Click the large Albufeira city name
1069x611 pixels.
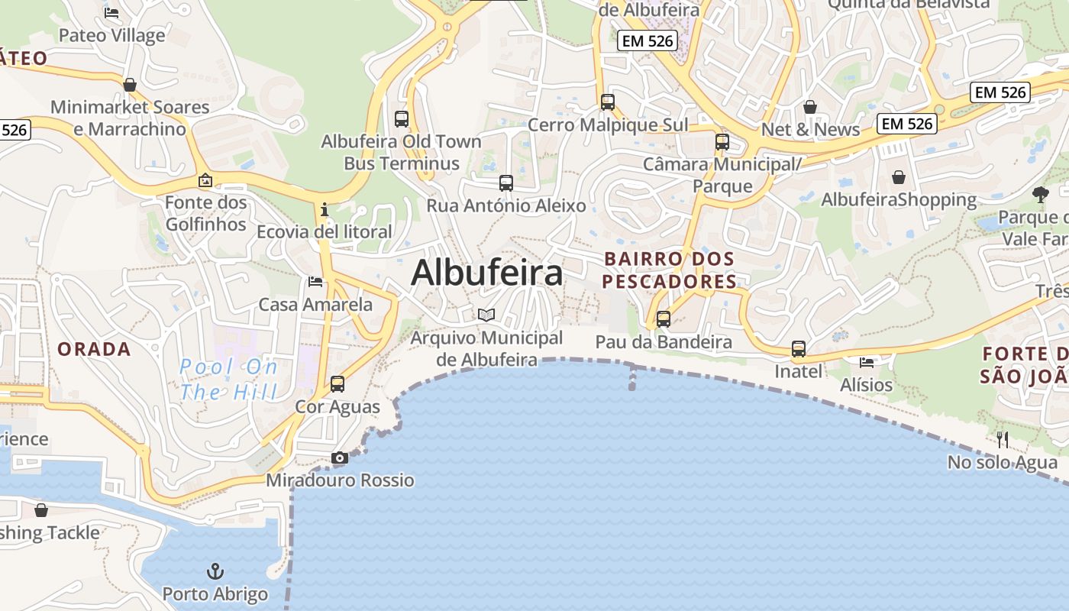click(487, 273)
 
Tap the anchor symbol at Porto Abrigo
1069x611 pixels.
click(215, 571)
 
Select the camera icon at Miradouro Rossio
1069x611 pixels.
click(340, 458)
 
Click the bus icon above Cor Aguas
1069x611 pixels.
click(337, 384)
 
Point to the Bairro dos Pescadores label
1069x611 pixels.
click(669, 270)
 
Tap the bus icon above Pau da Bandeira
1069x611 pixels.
click(664, 319)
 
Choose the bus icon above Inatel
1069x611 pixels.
click(799, 349)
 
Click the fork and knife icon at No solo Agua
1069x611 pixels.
click(1003, 439)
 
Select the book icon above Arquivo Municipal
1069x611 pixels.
click(486, 315)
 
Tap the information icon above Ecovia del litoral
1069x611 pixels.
click(325, 209)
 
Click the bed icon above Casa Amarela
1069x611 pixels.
click(315, 282)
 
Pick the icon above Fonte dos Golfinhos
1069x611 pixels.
click(205, 181)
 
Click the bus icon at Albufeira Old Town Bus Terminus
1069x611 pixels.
click(402, 119)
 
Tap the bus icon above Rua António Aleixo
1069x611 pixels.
click(506, 183)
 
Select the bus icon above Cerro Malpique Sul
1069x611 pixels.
click(608, 102)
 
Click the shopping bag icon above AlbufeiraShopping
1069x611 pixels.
click(899, 177)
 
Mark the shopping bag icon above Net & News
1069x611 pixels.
click(810, 107)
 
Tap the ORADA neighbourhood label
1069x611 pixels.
click(94, 349)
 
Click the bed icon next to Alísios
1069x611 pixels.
click(866, 362)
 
